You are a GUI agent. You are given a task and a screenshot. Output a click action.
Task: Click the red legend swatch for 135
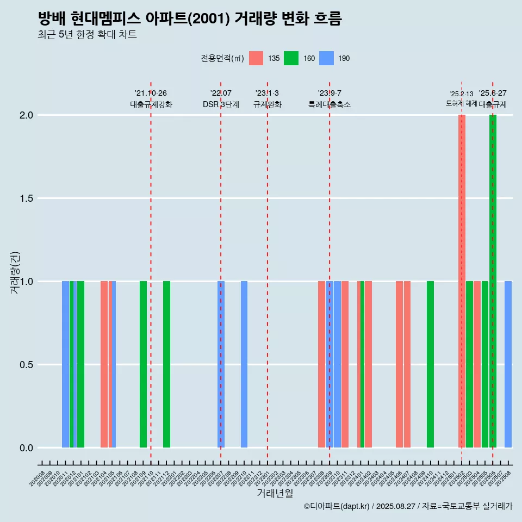(x=256, y=58)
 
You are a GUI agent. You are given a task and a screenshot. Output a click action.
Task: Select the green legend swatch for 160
(x=291, y=58)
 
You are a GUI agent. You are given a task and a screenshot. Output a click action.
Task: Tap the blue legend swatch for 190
(x=326, y=58)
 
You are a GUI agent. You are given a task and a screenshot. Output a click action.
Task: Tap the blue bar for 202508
(x=508, y=364)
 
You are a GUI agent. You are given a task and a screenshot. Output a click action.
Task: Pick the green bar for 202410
(x=430, y=364)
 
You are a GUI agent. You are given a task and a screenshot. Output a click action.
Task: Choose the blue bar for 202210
(x=244, y=364)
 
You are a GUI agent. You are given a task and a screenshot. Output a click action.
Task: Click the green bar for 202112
(x=166, y=364)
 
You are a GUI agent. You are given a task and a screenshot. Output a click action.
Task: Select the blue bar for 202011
(x=65, y=364)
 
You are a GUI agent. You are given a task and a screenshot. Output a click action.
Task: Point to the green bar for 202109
(x=143, y=364)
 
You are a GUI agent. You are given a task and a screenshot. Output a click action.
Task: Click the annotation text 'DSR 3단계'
(x=221, y=104)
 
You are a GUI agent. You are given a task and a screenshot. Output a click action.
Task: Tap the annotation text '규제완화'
(x=268, y=104)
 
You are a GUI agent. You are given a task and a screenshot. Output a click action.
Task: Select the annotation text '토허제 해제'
(x=461, y=103)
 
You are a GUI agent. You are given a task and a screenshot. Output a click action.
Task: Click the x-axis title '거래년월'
(x=275, y=494)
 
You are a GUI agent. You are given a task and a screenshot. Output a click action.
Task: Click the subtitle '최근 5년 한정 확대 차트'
(x=87, y=35)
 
